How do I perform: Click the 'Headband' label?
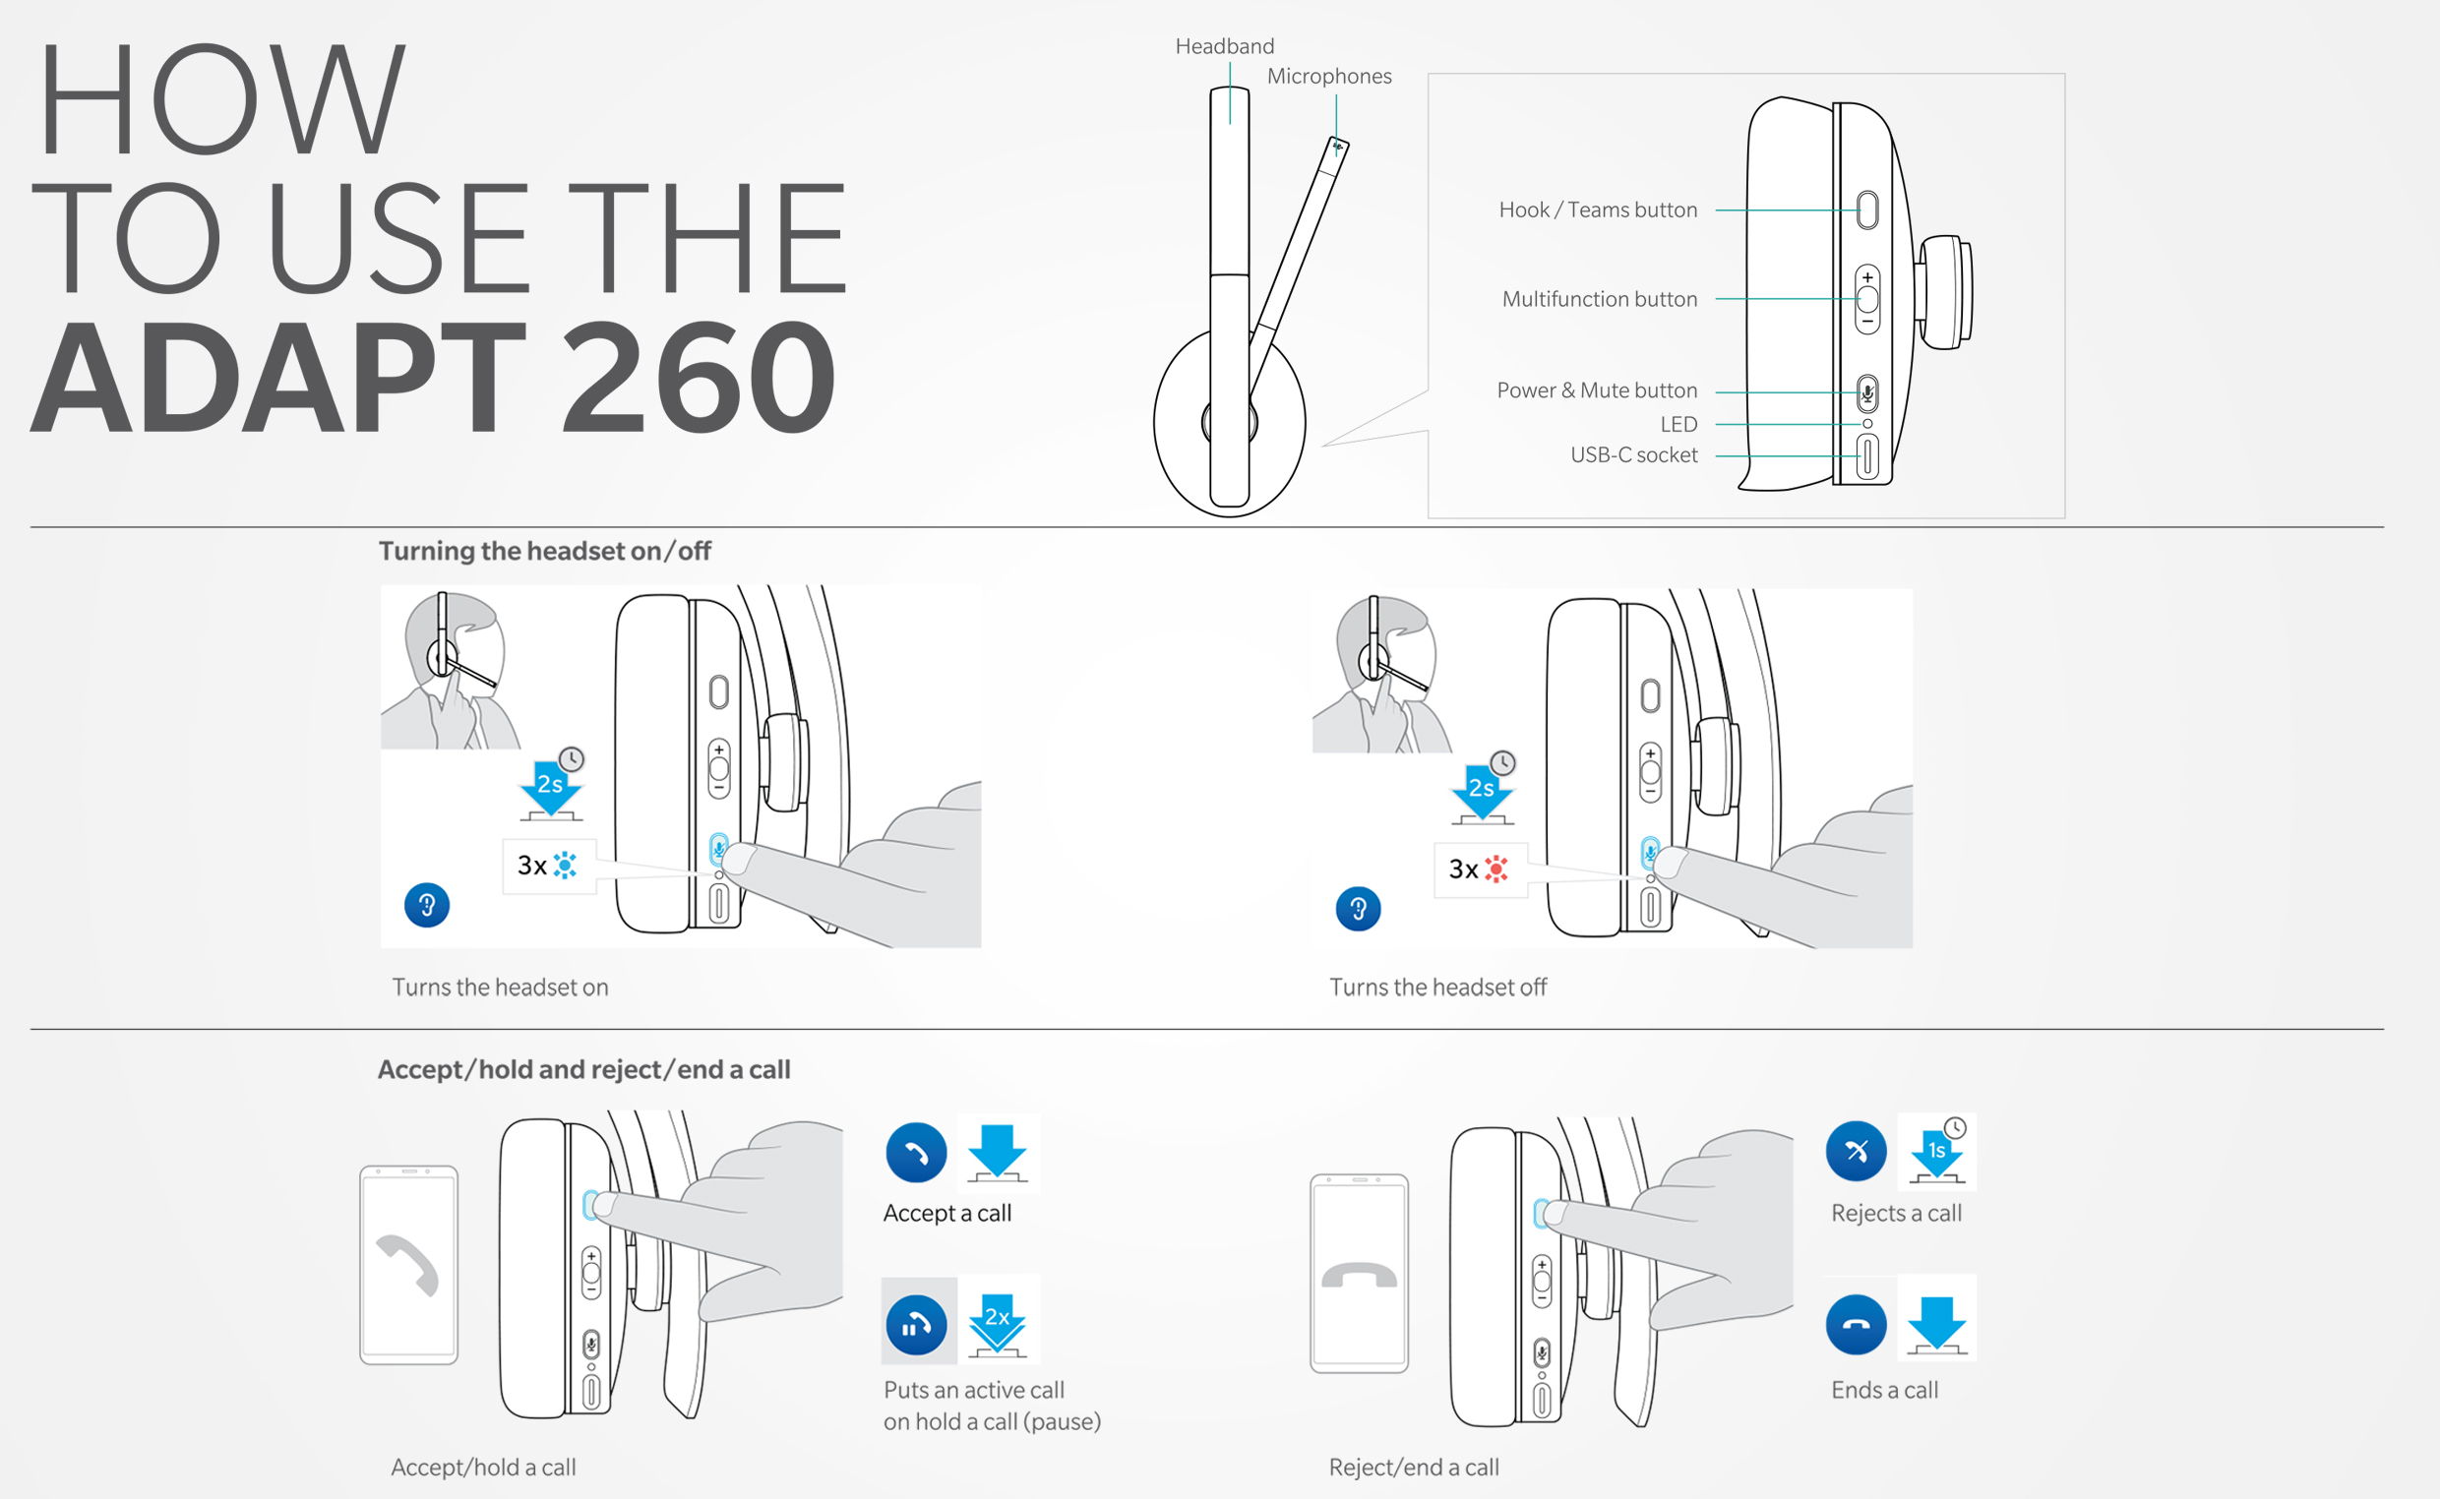[1225, 46]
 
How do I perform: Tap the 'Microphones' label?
[1328, 77]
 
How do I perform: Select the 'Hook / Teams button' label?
[1597, 210]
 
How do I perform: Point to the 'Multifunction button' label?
[1599, 299]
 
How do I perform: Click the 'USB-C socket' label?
[1634, 455]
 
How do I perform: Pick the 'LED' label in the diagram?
[1678, 424]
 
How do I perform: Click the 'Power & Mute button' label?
[1596, 390]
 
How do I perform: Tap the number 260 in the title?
[699, 378]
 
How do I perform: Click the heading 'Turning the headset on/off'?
[544, 551]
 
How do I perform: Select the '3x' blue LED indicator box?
[549, 867]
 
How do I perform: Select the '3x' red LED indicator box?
[1481, 870]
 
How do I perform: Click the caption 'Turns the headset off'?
[1437, 988]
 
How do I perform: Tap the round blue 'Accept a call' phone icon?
[916, 1153]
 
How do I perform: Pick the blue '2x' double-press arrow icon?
[998, 1320]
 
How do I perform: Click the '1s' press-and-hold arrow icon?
[1936, 1151]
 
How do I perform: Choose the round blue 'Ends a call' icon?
[1856, 1325]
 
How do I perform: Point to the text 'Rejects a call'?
[1896, 1214]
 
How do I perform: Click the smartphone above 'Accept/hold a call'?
[408, 1265]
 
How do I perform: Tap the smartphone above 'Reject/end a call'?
[1359, 1274]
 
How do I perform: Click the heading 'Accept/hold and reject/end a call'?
[584, 1070]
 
